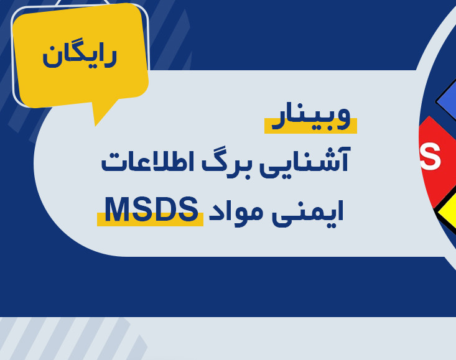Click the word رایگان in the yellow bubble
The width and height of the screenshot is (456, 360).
(80, 54)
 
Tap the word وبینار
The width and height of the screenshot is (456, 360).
(309, 118)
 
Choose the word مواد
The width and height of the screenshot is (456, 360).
(236, 210)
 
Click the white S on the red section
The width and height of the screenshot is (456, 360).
(430, 157)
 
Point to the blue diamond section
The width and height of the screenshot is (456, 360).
(447, 99)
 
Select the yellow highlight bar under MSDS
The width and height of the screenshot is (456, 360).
(149, 222)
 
